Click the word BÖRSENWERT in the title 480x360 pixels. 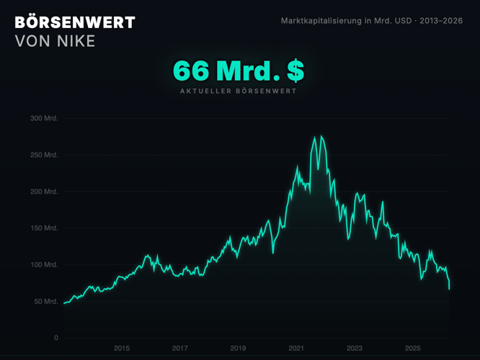75,22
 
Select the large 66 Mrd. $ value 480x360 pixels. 239,71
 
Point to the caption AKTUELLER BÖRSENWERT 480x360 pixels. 239,91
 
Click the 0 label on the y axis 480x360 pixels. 55,338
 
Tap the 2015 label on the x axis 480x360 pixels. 122,348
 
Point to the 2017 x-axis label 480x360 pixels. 180,348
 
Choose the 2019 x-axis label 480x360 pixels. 239,348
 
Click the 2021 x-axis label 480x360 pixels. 296,348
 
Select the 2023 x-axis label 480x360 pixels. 355,348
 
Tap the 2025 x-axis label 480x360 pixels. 413,348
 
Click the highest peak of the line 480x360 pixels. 314,136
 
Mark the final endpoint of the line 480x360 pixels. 449,289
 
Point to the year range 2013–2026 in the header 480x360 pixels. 440,21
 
